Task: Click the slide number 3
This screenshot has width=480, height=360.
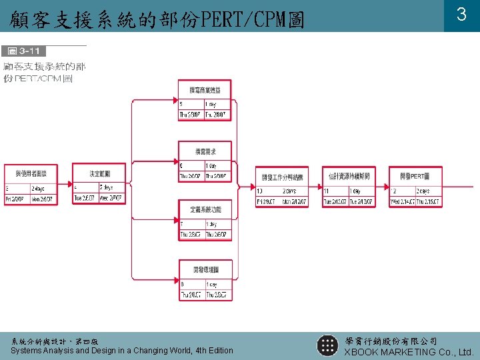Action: pyautogui.click(x=461, y=14)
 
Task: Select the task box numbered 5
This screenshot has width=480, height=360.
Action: pyautogui.click(x=205, y=101)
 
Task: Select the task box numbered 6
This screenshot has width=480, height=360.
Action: pyautogui.click(x=205, y=162)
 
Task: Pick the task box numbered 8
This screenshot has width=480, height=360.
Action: pyautogui.click(x=205, y=281)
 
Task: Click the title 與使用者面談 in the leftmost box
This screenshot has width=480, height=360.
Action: pyautogui.click(x=30, y=173)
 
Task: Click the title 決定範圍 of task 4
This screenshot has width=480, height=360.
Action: pyautogui.click(x=99, y=173)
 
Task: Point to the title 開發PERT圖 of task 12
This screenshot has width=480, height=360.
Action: pyautogui.click(x=415, y=176)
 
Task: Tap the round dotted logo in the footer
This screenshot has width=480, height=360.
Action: pyautogui.click(x=327, y=345)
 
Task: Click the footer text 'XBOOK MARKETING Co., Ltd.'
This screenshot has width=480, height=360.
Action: pyautogui.click(x=409, y=351)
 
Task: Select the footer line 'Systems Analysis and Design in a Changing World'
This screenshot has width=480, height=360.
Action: pyautogui.click(x=122, y=350)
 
